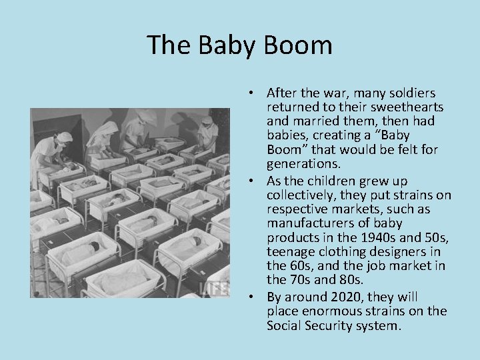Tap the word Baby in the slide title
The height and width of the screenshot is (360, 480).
click(227, 45)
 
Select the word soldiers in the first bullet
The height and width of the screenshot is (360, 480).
click(412, 93)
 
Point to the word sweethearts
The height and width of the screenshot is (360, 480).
click(405, 107)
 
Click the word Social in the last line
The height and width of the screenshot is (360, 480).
click(283, 326)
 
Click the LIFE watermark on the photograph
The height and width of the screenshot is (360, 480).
click(215, 288)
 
